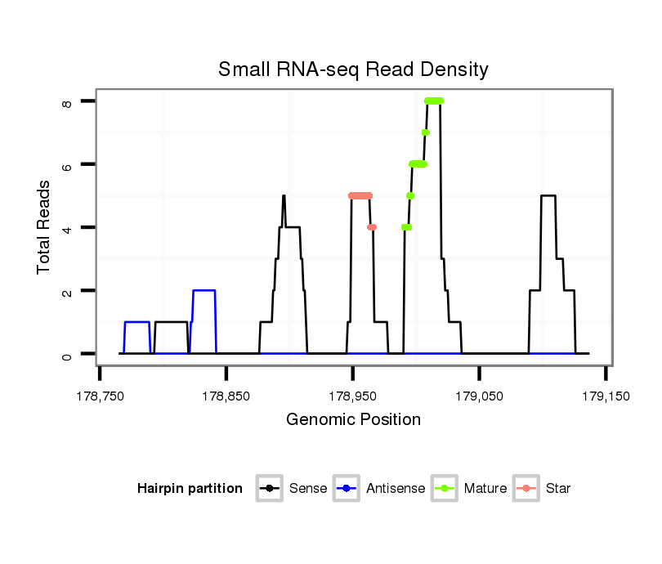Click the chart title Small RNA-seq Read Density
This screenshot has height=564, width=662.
tap(353, 69)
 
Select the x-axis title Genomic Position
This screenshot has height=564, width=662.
tap(353, 420)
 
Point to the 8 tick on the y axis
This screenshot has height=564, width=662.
tap(69, 101)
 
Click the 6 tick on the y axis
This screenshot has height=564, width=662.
tap(69, 164)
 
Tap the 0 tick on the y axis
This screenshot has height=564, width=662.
tap(69, 354)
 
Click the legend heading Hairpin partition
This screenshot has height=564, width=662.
tap(190, 489)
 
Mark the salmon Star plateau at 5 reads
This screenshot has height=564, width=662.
tap(360, 195)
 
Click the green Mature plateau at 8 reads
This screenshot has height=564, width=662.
tap(433, 101)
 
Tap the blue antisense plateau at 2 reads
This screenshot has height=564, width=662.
tap(204, 290)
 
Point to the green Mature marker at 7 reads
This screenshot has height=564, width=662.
tap(426, 132)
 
